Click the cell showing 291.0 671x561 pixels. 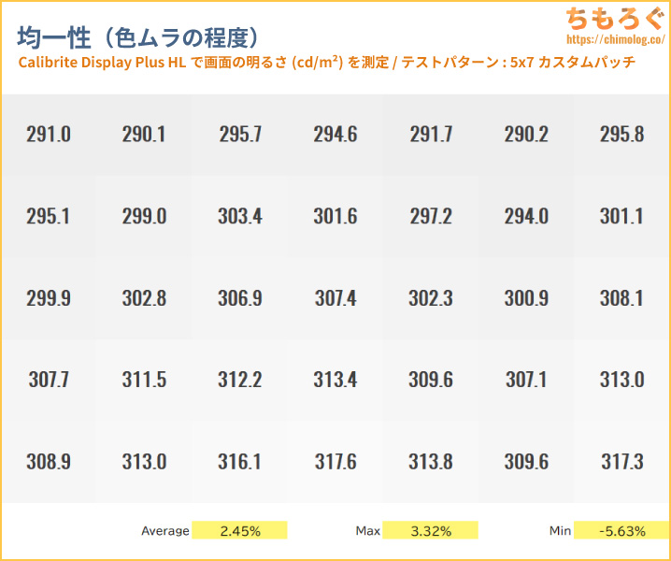pyautogui.click(x=49, y=134)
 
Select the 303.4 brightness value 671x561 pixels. pyautogui.click(x=240, y=216)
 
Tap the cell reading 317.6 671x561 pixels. pyautogui.click(x=335, y=462)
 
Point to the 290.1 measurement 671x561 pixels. pyautogui.click(x=144, y=134)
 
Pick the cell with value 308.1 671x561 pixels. pyautogui.click(x=621, y=298)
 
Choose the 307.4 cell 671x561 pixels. pyautogui.click(x=335, y=298)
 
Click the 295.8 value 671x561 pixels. pyautogui.click(x=621, y=134)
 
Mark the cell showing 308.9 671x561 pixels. pyautogui.click(x=49, y=462)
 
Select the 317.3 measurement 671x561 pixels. pyautogui.click(x=621, y=462)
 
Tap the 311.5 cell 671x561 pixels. pyautogui.click(x=144, y=380)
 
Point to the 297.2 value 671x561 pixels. pyautogui.click(x=431, y=216)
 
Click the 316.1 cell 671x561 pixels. pyautogui.click(x=240, y=462)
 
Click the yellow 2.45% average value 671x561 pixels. pyautogui.click(x=239, y=531)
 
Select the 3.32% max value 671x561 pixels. pyautogui.click(x=430, y=531)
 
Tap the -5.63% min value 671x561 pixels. pyautogui.click(x=621, y=531)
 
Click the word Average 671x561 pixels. pyautogui.click(x=165, y=531)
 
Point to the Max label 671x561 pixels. pyautogui.click(x=367, y=531)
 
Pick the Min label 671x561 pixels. pyautogui.click(x=560, y=531)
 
